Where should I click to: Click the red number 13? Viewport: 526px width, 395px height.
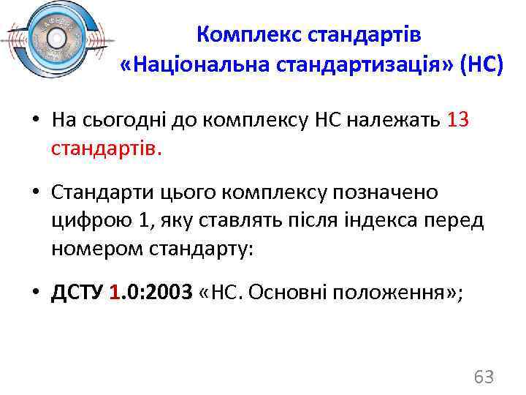point(457,119)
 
